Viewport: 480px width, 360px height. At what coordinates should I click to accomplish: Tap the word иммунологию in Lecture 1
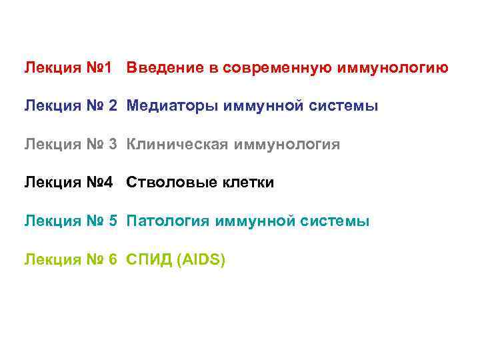393,67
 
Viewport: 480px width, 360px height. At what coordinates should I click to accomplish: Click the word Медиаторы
164,106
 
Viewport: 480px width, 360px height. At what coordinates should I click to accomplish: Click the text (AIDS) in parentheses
201,260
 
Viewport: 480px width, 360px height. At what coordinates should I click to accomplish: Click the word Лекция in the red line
49,67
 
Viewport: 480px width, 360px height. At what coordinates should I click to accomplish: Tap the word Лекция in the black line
49,183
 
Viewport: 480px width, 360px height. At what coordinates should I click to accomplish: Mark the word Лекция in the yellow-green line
49,260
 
